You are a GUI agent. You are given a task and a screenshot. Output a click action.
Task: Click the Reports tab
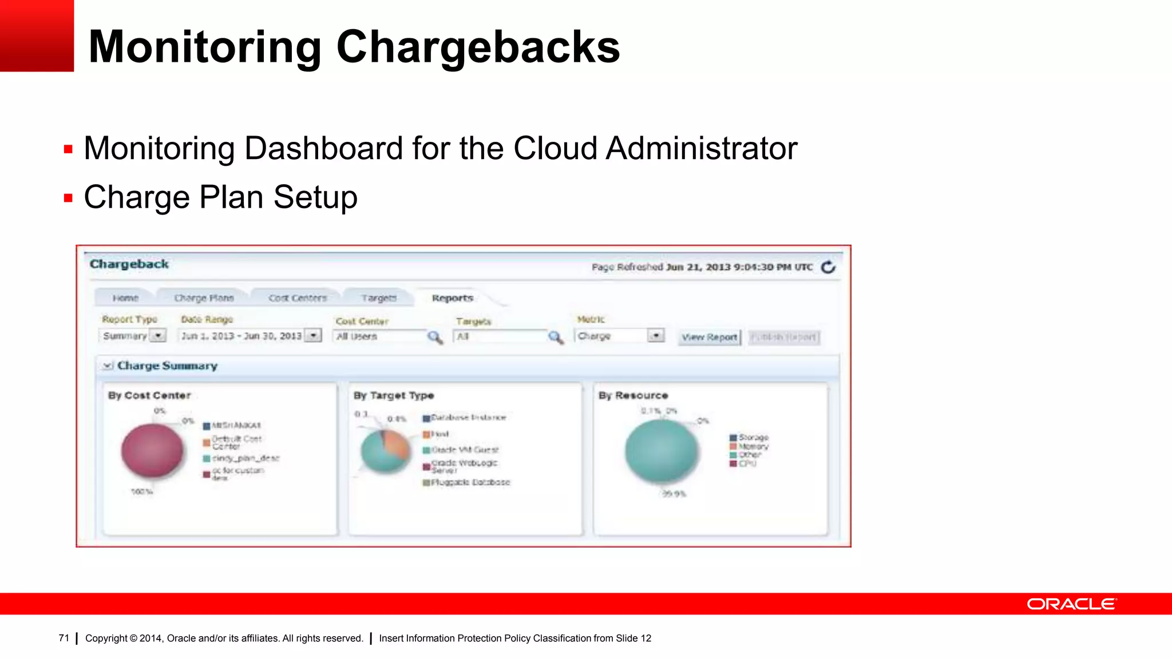(452, 298)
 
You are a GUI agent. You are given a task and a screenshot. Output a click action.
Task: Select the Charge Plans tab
(204, 298)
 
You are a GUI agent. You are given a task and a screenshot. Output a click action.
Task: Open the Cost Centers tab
(298, 298)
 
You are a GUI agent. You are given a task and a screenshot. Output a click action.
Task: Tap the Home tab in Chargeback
(125, 298)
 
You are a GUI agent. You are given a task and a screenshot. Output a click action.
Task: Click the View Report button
(710, 338)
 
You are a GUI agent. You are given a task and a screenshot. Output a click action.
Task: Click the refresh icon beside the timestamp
(828, 267)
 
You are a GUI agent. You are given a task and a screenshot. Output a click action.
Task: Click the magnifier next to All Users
(435, 337)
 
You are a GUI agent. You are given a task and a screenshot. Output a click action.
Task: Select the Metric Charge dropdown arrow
(656, 336)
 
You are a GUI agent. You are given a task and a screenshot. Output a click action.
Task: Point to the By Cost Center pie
(152, 451)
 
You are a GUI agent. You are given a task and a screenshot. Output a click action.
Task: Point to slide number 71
(64, 638)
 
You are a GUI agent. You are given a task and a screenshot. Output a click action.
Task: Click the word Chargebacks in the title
(478, 47)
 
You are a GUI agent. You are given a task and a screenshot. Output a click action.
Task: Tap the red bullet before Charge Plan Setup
(69, 199)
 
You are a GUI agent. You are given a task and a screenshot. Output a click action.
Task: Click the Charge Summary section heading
(167, 366)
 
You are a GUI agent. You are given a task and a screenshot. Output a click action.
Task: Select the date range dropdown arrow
(313, 336)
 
